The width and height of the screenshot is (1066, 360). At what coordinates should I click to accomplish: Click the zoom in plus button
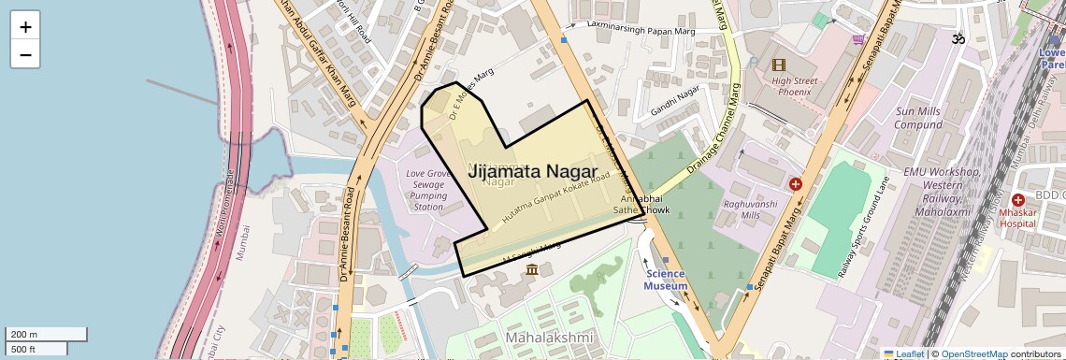coord(25,27)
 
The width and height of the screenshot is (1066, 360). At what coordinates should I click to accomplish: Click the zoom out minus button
coord(25,54)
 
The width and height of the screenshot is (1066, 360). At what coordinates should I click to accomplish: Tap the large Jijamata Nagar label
coord(532,170)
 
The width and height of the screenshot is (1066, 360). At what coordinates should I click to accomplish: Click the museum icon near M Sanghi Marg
coord(532,269)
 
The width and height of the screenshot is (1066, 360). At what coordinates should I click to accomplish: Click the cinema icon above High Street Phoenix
coord(779,65)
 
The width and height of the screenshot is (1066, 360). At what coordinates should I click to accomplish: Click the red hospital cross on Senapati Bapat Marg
coord(795,185)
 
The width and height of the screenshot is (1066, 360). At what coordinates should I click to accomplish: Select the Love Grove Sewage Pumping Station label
coord(428,190)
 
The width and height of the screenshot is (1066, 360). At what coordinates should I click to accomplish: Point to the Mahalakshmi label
coord(549,337)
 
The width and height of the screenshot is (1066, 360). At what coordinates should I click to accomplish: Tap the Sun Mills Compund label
coord(917,118)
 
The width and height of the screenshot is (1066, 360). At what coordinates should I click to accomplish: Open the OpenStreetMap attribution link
coord(973,353)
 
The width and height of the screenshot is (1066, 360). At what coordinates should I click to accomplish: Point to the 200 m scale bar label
coord(24,335)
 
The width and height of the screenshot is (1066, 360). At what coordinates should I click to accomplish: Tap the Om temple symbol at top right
coord(956,39)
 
